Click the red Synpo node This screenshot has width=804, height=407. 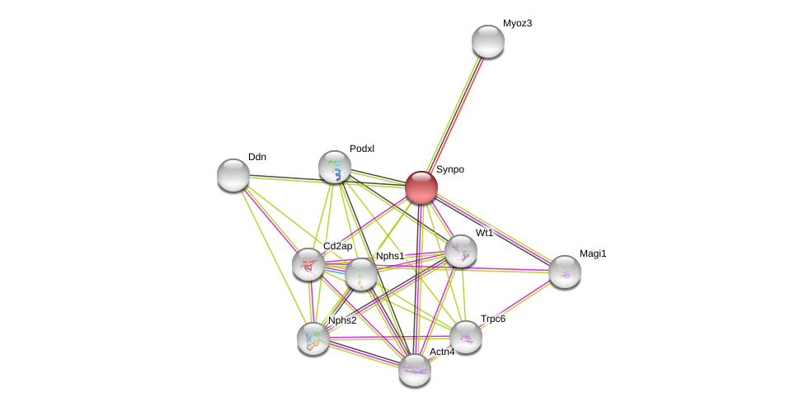(421, 187)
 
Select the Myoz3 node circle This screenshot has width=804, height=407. (488, 41)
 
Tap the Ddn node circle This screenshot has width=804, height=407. (233, 175)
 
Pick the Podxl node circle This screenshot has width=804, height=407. (335, 167)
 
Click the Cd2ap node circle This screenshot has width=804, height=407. (308, 264)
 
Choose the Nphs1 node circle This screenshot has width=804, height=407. (361, 274)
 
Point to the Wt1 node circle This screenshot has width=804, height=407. (461, 251)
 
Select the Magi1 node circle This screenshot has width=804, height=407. (565, 272)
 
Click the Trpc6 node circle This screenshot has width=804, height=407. (466, 337)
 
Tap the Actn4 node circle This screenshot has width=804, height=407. (415, 370)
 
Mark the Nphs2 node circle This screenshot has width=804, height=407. (313, 338)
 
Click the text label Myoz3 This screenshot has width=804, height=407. (517, 23)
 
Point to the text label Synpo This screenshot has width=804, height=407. (450, 169)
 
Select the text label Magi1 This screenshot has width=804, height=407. (592, 253)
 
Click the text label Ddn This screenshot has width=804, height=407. (257, 157)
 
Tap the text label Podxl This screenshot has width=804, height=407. (362, 149)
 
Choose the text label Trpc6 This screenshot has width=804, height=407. (493, 319)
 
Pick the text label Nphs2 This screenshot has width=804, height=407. (342, 320)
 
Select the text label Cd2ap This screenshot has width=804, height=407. (337, 246)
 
